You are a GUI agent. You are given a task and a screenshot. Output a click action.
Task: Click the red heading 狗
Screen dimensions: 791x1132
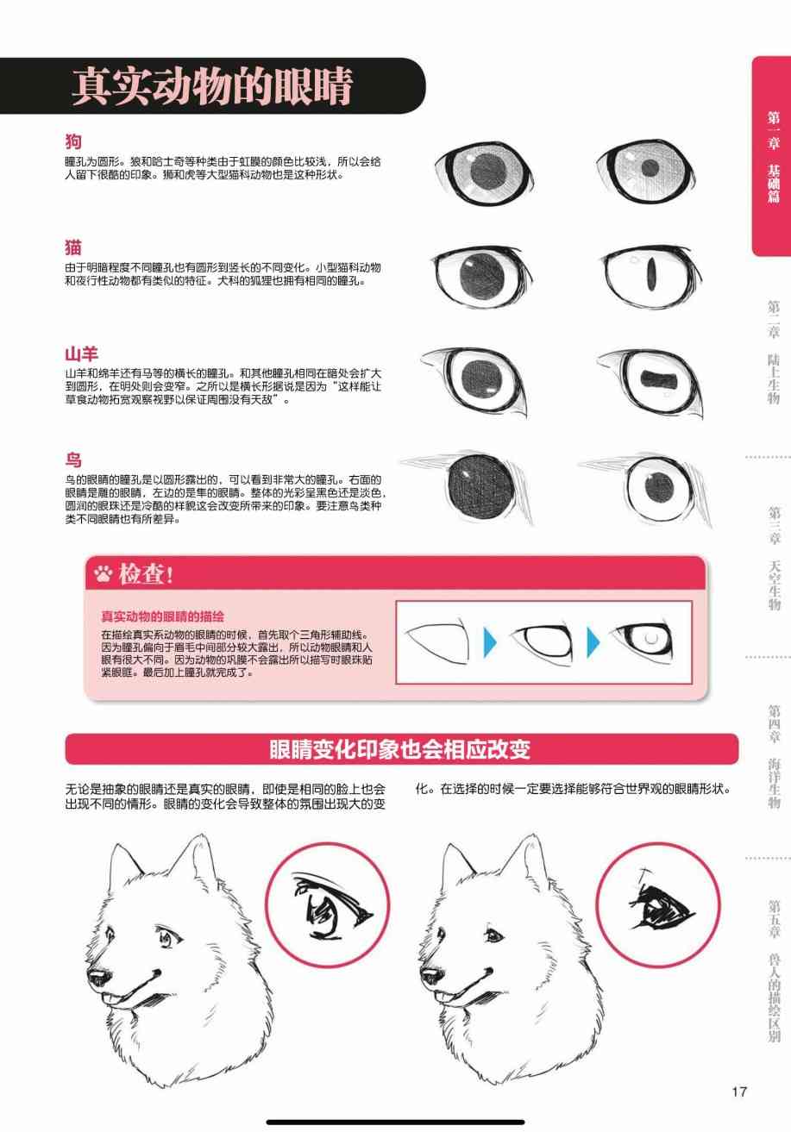[73, 141]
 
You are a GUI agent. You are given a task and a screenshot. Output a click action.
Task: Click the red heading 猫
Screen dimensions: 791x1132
[73, 247]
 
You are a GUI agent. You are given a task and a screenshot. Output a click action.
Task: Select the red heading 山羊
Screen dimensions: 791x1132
[81, 353]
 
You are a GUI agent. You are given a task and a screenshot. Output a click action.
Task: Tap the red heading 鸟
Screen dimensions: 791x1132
[73, 460]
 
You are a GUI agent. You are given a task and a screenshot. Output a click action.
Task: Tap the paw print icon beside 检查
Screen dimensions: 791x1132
[104, 573]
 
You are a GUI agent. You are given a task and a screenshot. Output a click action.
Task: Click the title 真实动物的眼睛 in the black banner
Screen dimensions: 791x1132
[211, 86]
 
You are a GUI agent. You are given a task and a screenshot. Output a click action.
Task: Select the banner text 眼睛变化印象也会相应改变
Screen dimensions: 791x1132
[399, 749]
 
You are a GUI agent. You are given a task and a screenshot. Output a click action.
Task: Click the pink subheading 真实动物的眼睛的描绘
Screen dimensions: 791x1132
[162, 616]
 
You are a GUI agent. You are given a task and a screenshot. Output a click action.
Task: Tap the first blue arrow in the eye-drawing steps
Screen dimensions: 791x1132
[490, 642]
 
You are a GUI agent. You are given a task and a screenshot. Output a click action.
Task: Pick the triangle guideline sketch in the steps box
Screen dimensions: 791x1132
[438, 641]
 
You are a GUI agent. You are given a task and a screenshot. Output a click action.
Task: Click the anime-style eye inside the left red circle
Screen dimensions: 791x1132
[330, 907]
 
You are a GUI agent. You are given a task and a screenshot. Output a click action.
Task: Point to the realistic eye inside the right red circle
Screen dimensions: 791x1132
[660, 906]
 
